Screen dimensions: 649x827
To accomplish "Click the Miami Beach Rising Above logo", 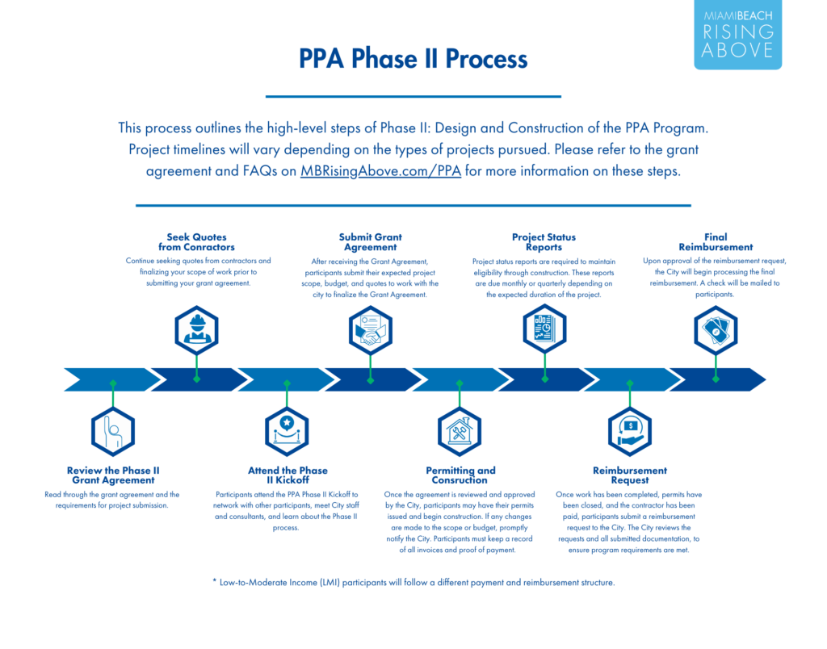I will [x=737, y=34].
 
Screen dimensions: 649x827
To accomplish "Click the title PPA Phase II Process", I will [x=413, y=59].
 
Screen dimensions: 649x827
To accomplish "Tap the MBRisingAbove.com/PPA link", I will [x=380, y=172].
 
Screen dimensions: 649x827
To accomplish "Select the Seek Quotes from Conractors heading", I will [x=197, y=242].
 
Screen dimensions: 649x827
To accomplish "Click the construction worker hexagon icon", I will [x=197, y=329].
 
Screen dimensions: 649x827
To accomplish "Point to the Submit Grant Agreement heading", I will [x=371, y=242].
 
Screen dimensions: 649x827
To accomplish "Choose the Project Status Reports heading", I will [x=544, y=242].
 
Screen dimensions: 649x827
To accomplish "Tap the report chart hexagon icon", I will [x=544, y=329].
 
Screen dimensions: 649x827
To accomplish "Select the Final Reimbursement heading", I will [x=716, y=242].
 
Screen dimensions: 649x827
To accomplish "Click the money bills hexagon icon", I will [x=716, y=329].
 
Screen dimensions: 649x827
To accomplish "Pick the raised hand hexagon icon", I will [x=112, y=430].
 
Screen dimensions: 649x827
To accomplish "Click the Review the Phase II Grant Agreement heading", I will [x=112, y=475].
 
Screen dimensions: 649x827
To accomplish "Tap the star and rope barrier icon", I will [x=287, y=430].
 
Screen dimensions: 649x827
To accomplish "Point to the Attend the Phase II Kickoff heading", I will [x=288, y=475].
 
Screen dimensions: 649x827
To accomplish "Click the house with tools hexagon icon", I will [x=460, y=431].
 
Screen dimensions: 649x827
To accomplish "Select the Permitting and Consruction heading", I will [x=460, y=475].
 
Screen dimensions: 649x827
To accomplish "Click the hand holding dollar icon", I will [x=630, y=431].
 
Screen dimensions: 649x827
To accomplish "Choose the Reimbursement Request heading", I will [x=630, y=475].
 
